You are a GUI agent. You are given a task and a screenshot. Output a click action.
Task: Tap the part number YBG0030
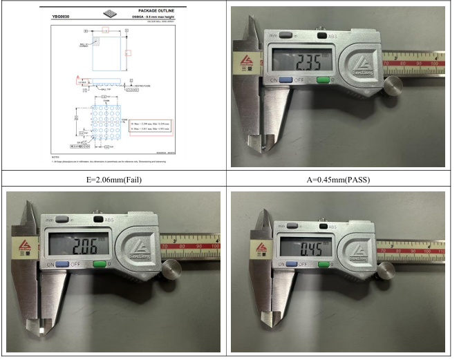pos(63,14)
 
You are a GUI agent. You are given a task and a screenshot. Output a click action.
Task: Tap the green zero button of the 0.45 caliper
pos(322,264)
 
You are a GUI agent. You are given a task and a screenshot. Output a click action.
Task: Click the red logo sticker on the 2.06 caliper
pos(19,247)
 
